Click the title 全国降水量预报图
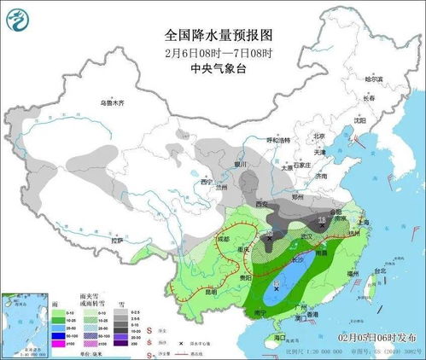point(219,36)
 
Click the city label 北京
point(318,136)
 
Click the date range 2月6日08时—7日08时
point(219,52)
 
